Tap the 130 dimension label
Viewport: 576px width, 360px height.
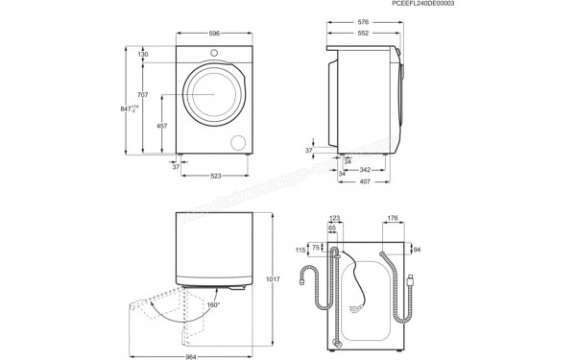143,55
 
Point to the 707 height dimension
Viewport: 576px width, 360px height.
143,95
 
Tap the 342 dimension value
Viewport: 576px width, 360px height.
364,169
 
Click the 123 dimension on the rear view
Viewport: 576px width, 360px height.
335,219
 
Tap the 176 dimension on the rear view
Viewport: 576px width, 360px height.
394,219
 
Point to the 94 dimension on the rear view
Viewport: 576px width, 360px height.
417,249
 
